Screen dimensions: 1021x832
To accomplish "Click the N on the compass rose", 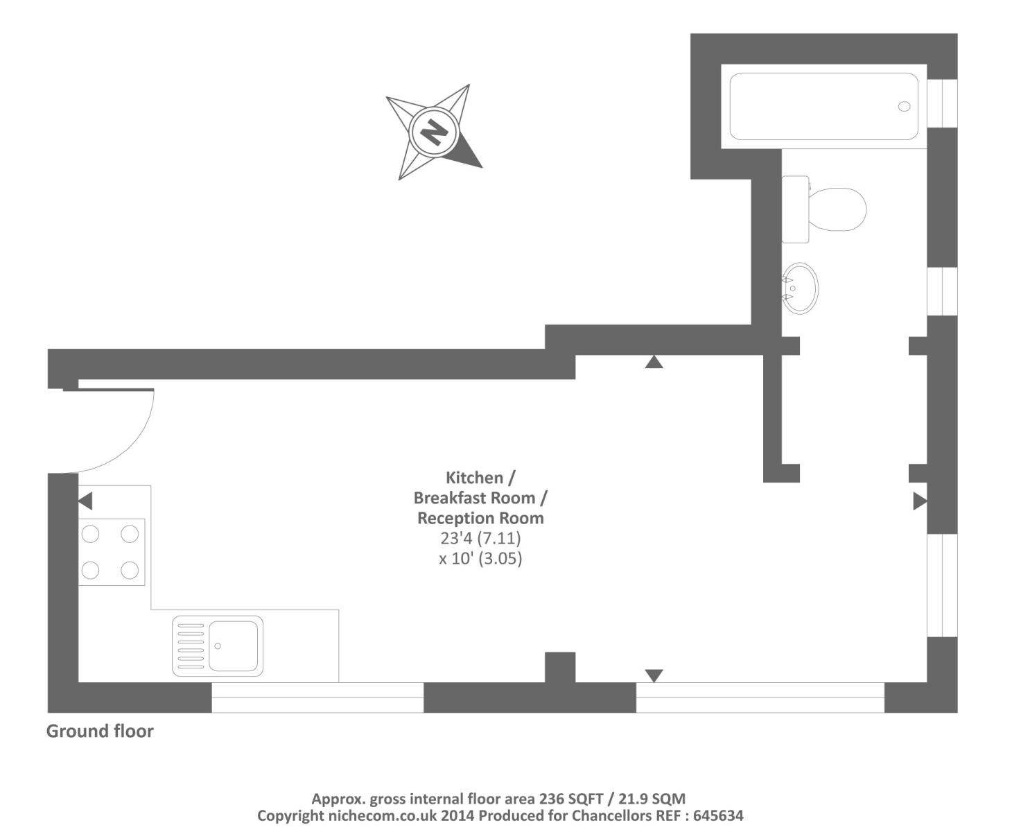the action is (434, 131).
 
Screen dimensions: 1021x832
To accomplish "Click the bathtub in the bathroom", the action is (823, 107).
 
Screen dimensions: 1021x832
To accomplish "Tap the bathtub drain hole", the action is (904, 106).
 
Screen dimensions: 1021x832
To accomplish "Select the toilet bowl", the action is (838, 209).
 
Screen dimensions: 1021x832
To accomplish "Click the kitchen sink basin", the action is (233, 646).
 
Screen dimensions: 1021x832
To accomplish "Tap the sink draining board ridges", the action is (191, 646).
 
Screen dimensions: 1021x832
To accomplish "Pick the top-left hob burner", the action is (91, 534).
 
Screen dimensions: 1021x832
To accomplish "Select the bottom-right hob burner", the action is (130, 570).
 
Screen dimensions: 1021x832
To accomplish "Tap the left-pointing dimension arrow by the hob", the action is (85, 501).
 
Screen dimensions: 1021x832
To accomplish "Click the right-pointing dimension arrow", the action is (919, 501).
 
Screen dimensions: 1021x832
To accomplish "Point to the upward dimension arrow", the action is (654, 362).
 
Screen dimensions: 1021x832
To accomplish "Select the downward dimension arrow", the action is (654, 675).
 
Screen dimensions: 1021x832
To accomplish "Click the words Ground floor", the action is (100, 731).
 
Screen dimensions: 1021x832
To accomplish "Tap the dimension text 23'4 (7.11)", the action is (480, 538).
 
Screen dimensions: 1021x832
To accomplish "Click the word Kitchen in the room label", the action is (474, 478).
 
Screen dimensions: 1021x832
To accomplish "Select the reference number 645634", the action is (719, 816).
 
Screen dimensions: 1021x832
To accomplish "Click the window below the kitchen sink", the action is (317, 697).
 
